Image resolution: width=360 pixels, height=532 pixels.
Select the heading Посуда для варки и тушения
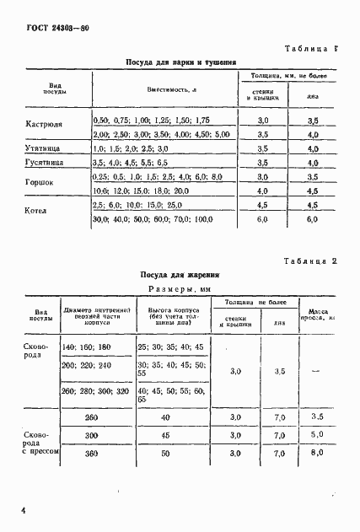pyautogui.click(x=180, y=62)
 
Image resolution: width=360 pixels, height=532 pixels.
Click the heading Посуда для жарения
pyautogui.click(x=180, y=275)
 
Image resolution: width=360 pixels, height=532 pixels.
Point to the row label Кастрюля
pyautogui.click(x=43, y=126)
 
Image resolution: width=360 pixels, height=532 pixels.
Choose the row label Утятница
pyautogui.click(x=42, y=148)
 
